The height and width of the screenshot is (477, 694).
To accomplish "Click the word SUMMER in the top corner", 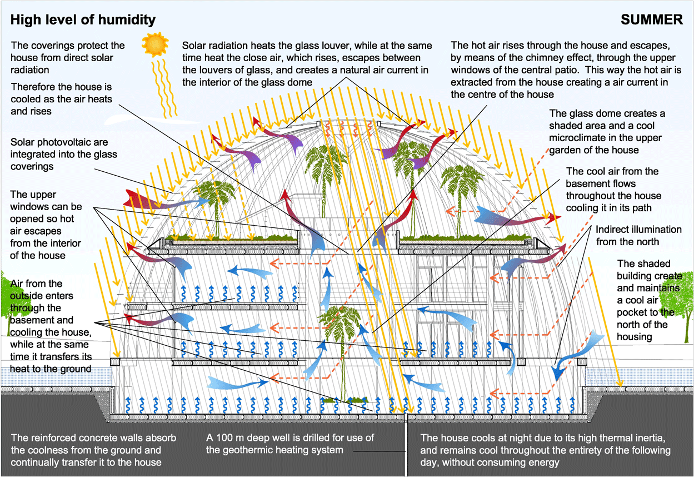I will point(652,20).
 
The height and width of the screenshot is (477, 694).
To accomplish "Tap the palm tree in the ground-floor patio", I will point(337,328).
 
